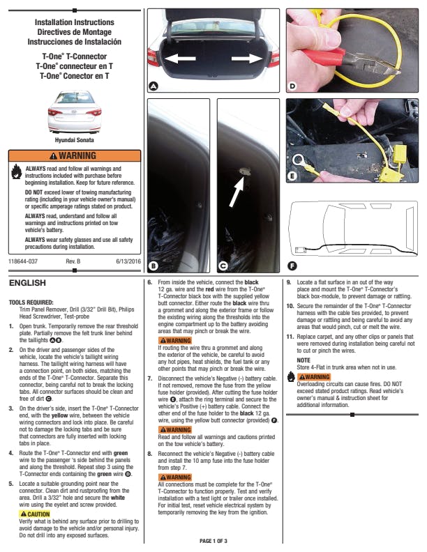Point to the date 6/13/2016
[128, 261]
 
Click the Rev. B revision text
[73, 261]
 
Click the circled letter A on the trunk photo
[153, 85]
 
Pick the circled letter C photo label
[223, 266]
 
